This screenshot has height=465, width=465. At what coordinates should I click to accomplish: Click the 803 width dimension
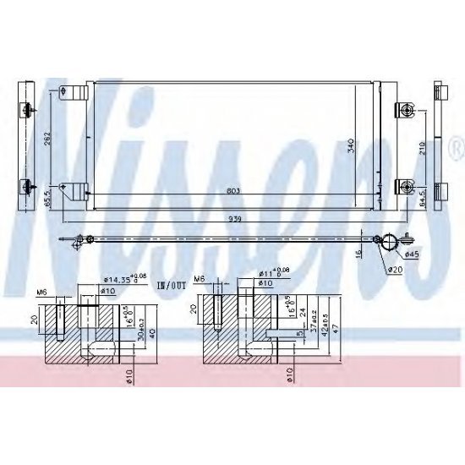[232, 191]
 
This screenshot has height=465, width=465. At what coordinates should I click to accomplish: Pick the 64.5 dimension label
[420, 198]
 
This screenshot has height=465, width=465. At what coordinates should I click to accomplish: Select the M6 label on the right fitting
[200, 279]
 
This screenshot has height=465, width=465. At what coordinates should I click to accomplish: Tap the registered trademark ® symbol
[457, 149]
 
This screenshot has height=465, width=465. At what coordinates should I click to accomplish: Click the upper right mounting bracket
[405, 110]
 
